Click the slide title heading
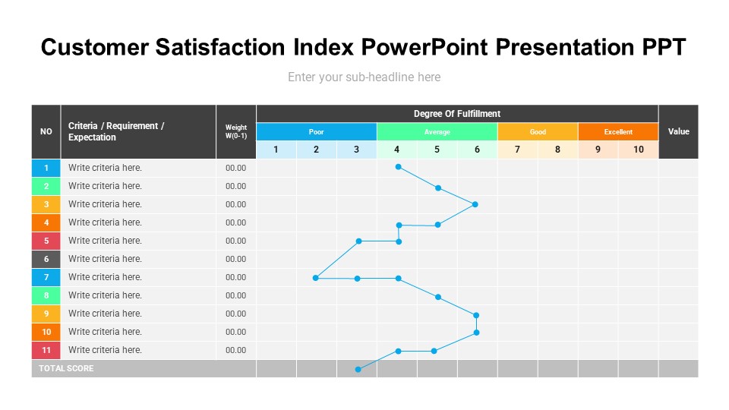click(364, 47)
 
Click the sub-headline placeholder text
click(364, 77)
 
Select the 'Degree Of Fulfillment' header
click(456, 114)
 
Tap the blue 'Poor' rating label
click(316, 132)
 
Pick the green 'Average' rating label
click(437, 132)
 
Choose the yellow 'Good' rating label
click(538, 132)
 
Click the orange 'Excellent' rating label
click(618, 132)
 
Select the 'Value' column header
click(678, 131)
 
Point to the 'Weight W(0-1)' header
click(236, 132)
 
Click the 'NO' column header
click(46, 131)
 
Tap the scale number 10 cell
click(638, 150)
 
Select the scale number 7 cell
click(517, 150)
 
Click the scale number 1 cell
click(276, 150)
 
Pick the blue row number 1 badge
click(46, 168)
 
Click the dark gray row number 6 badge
click(46, 259)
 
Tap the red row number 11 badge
click(46, 350)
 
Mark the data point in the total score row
click(358, 369)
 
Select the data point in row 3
click(475, 204)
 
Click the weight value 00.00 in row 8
click(236, 295)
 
